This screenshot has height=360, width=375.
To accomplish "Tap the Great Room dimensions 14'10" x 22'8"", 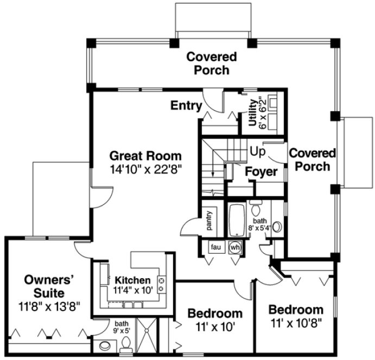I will pyautogui.click(x=145, y=169).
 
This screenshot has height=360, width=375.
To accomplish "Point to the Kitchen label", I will pyautogui.click(x=132, y=280).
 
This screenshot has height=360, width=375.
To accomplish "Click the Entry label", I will pyautogui.click(x=187, y=105).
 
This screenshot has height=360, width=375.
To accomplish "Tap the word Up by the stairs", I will pyautogui.click(x=259, y=151).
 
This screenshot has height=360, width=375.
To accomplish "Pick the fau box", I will pyautogui.click(x=216, y=246).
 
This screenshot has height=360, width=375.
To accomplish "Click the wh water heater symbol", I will pyautogui.click(x=235, y=246).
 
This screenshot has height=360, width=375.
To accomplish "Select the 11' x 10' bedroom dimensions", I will pyautogui.click(x=214, y=326).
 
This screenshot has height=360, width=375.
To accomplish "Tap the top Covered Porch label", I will pyautogui.click(x=211, y=63).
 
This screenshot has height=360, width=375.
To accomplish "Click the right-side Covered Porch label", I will pyautogui.click(x=313, y=160).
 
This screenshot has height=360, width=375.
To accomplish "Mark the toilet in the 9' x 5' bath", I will pyautogui.click(x=126, y=343).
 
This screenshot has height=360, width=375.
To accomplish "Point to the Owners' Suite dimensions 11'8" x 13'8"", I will pyautogui.click(x=49, y=306).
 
